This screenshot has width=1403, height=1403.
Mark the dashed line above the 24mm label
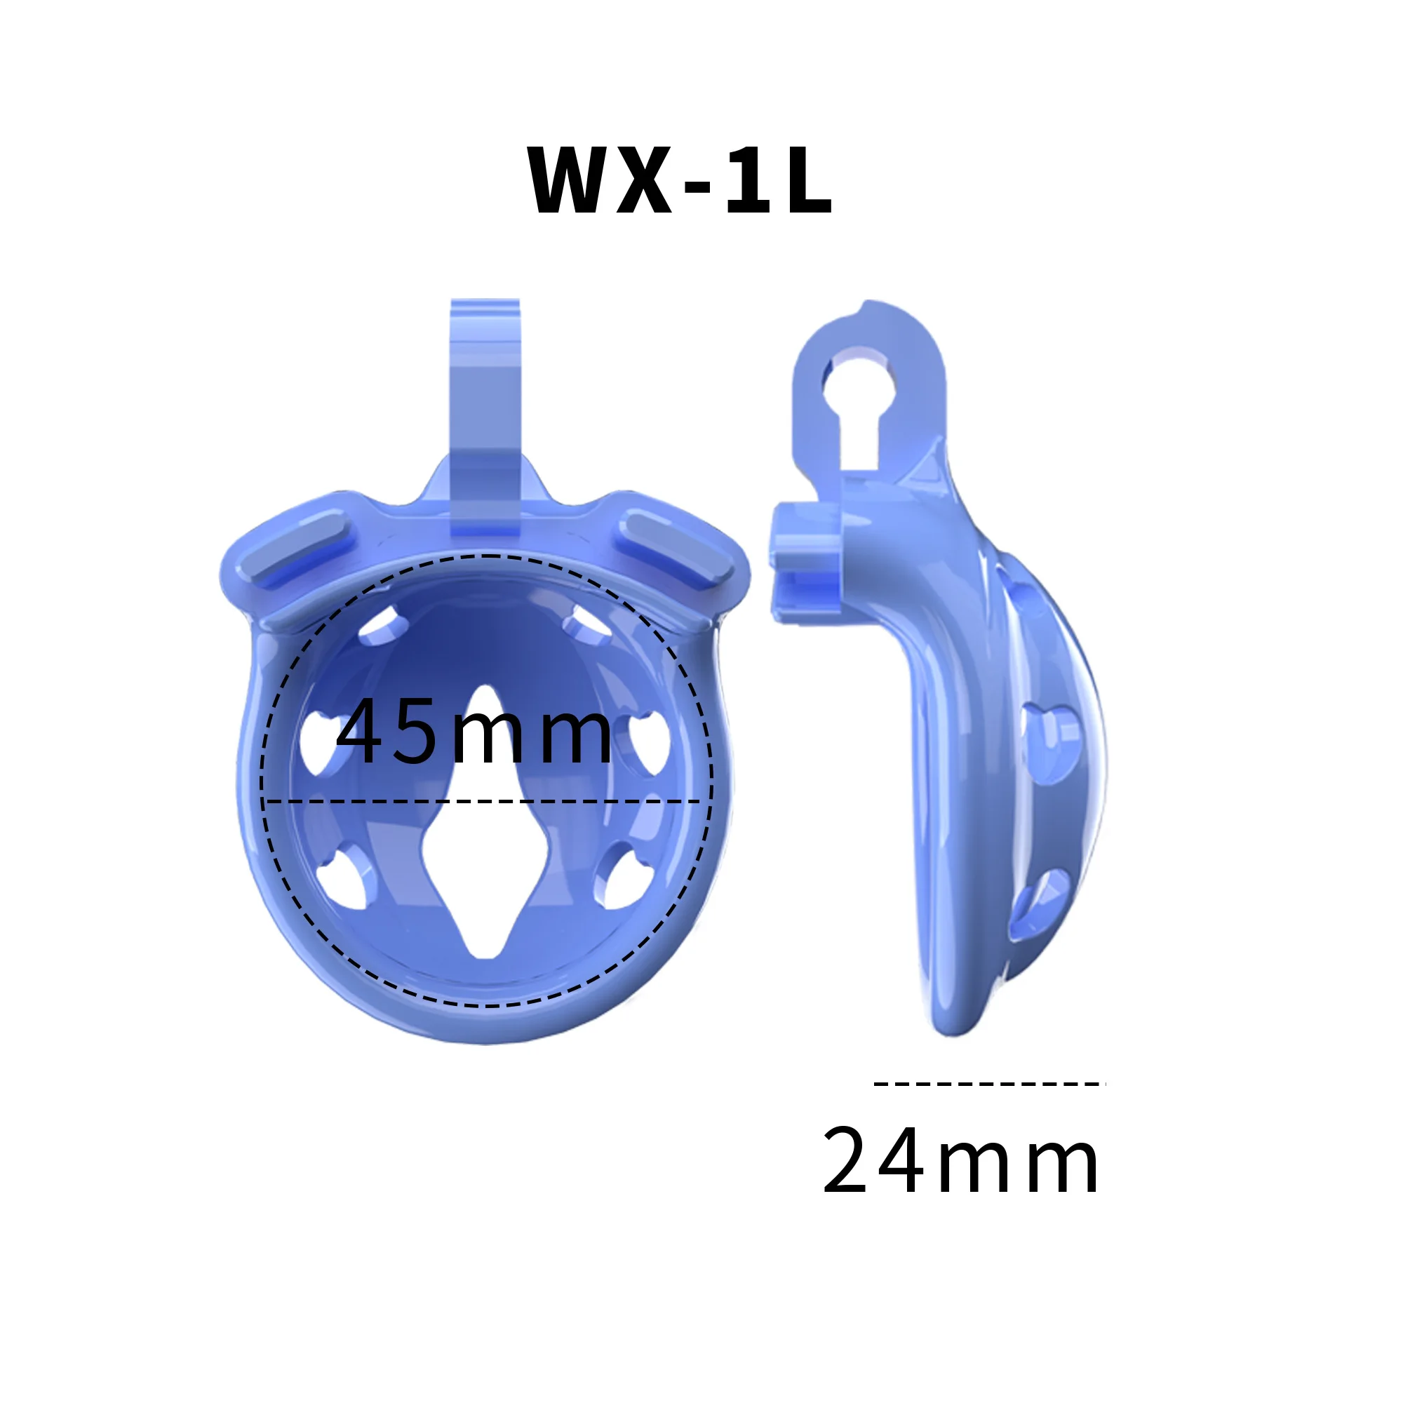coord(989,1085)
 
